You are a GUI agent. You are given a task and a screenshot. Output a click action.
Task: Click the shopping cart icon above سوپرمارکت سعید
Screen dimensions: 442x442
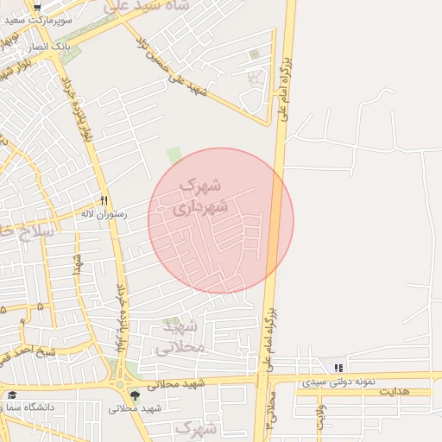coord(37,6)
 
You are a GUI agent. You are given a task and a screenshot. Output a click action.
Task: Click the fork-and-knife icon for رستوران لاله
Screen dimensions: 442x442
coord(104,199)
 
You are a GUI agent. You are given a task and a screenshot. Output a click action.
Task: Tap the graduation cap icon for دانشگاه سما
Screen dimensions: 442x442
coord(13,395)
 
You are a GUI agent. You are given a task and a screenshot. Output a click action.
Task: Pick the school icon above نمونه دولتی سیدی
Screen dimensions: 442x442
coord(338,368)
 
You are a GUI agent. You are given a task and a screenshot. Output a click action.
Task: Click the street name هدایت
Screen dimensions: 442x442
coord(393,392)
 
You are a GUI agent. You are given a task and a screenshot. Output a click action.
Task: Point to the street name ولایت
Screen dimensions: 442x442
coord(322,415)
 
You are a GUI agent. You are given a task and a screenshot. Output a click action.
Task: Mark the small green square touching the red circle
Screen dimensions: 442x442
coord(174,155)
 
